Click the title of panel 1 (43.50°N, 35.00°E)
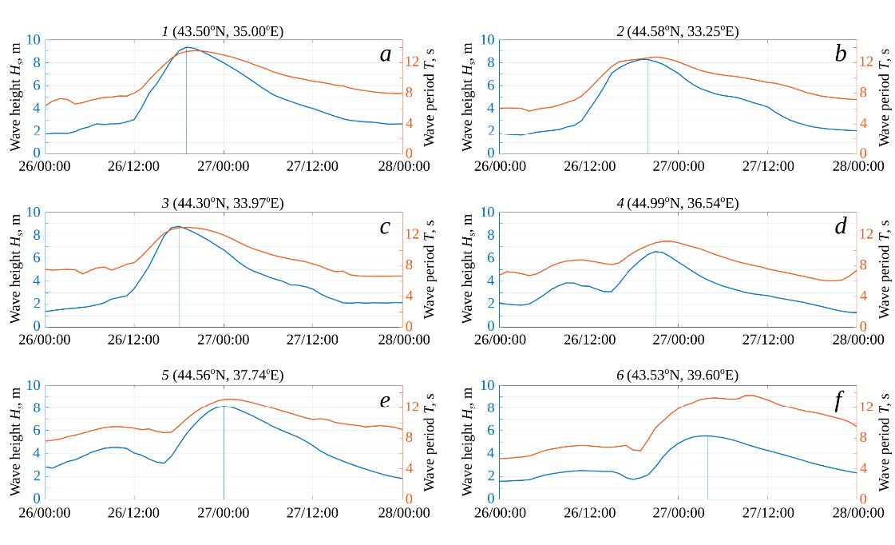pyautogui.click(x=223, y=31)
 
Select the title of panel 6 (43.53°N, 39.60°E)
pyautogui.click(x=677, y=376)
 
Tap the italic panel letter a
pyautogui.click(x=386, y=54)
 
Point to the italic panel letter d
pyautogui.click(x=840, y=227)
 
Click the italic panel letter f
pyautogui.click(x=838, y=400)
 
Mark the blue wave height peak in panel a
pyautogui.click(x=187, y=47)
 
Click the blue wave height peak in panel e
pyautogui.click(x=224, y=406)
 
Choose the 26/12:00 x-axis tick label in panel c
pyautogui.click(x=134, y=339)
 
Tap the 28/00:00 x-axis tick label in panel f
pyautogui.click(x=857, y=512)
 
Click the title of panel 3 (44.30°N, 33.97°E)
pyautogui.click(x=223, y=204)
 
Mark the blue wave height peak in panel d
pyautogui.click(x=656, y=252)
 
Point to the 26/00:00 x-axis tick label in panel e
pyautogui.click(x=46, y=512)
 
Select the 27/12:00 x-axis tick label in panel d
pyautogui.click(x=767, y=339)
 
